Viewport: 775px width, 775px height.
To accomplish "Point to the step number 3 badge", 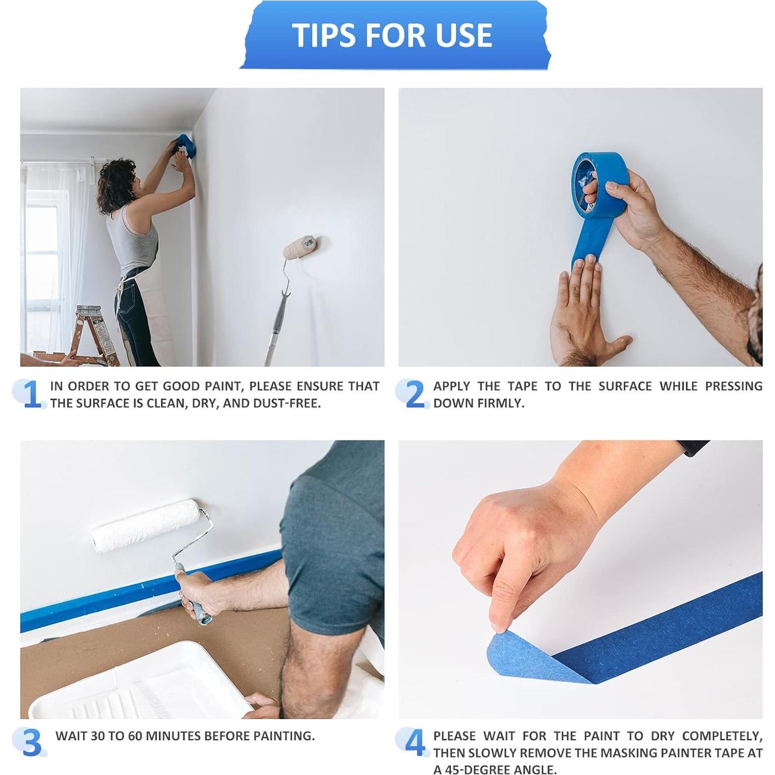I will coord(31,743).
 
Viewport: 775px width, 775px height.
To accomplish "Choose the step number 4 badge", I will coord(414,743).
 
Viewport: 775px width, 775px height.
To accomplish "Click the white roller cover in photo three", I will coord(145,525).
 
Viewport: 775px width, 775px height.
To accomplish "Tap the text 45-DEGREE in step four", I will coord(479,769).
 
